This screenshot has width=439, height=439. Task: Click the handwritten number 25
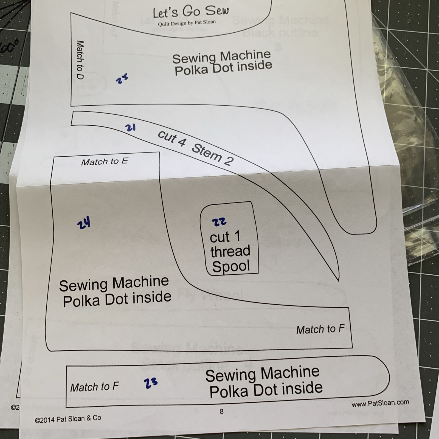122,79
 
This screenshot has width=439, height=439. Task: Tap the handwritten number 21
130,128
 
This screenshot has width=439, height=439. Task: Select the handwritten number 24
84,224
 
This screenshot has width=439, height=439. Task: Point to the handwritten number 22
219,221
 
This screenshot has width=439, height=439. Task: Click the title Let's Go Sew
191,12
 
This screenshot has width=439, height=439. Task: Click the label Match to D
80,60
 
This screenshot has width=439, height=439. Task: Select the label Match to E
105,161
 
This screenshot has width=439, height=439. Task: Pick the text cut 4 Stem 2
196,148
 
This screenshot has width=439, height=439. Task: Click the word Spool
231,266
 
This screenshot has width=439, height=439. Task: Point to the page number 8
221,411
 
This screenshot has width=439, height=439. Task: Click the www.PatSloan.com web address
380,403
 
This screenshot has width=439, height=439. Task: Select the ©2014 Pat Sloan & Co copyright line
68,419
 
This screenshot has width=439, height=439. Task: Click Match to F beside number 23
94,387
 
